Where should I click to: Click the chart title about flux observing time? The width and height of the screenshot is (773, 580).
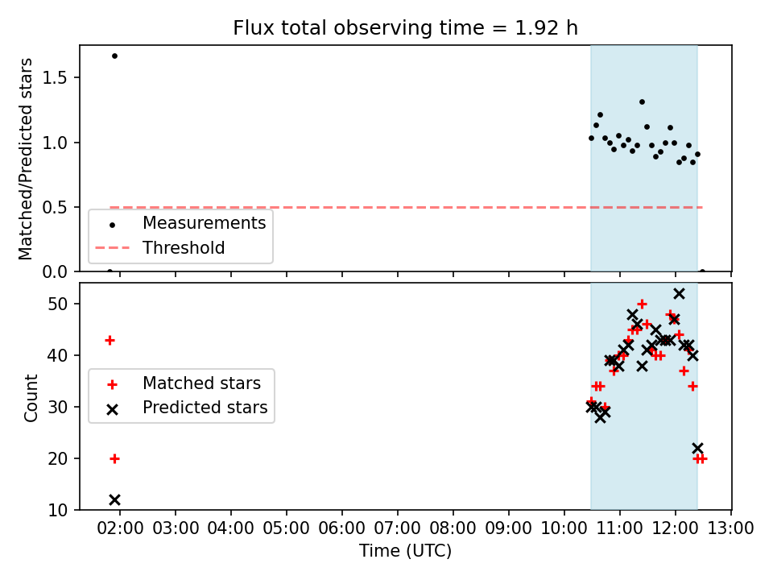(x=405, y=28)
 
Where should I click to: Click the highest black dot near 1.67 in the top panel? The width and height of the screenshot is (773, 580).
(x=114, y=56)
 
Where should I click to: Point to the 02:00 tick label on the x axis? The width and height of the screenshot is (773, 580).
(x=120, y=528)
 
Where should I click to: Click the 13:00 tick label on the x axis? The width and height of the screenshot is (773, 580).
(x=730, y=528)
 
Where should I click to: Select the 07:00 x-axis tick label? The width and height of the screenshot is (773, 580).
(x=397, y=528)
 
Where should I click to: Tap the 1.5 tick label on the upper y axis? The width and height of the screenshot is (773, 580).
(x=55, y=78)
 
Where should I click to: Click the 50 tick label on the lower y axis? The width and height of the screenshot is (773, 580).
(x=58, y=304)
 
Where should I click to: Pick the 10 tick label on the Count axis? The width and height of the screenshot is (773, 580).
(x=58, y=510)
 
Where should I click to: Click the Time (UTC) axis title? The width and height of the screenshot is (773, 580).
(x=405, y=551)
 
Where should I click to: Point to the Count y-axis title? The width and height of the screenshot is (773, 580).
(x=31, y=398)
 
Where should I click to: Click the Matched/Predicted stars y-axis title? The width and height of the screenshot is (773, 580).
(x=25, y=159)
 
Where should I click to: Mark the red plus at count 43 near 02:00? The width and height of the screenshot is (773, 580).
(x=110, y=340)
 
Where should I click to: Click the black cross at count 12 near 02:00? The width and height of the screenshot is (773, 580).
(x=114, y=499)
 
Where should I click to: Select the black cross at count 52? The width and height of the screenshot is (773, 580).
(x=679, y=294)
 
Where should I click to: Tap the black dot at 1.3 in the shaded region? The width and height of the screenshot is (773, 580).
(x=642, y=102)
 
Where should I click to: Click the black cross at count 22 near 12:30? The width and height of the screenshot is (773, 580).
(x=697, y=449)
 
